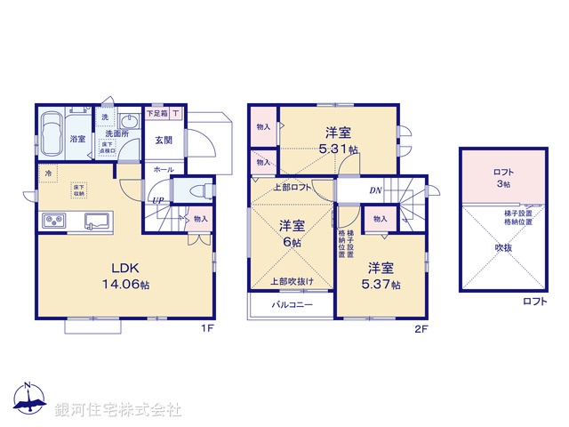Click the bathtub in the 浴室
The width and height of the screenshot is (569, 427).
click(x=51, y=134)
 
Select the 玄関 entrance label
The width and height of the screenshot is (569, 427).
click(x=164, y=140)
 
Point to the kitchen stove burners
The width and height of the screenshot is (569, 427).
click(x=51, y=222)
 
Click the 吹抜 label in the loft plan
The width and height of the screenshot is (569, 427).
click(x=503, y=248)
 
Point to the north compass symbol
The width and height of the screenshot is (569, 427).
click(x=28, y=400)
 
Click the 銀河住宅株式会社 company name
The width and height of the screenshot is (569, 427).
click(x=117, y=410)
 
